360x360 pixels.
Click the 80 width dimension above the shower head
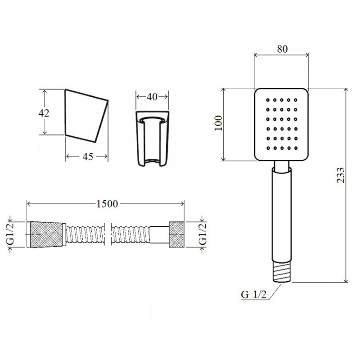(282, 49)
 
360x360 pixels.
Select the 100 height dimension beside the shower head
(218, 123)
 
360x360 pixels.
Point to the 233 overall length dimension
(341, 175)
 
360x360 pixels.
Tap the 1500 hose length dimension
(107, 204)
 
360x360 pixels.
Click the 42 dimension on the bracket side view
(44, 113)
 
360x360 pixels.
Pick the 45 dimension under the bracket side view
(88, 157)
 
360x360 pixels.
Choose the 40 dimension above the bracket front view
(152, 97)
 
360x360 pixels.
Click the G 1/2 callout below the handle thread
(254, 294)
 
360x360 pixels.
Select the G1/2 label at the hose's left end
(10, 234)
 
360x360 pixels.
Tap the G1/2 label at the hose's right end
(203, 234)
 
